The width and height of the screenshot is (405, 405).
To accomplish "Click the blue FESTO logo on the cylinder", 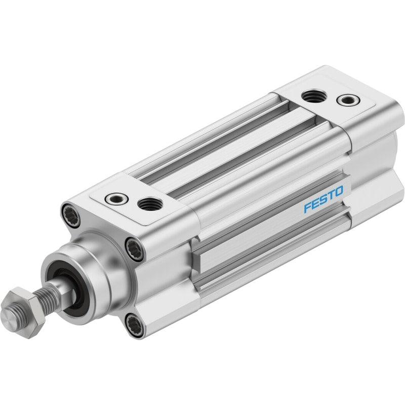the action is click(323, 199).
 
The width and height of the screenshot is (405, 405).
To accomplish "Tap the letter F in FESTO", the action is click(307, 208).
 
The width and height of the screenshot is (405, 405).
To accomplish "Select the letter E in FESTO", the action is click(315, 204).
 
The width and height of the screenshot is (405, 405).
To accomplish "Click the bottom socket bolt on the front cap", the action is click(134, 325).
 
